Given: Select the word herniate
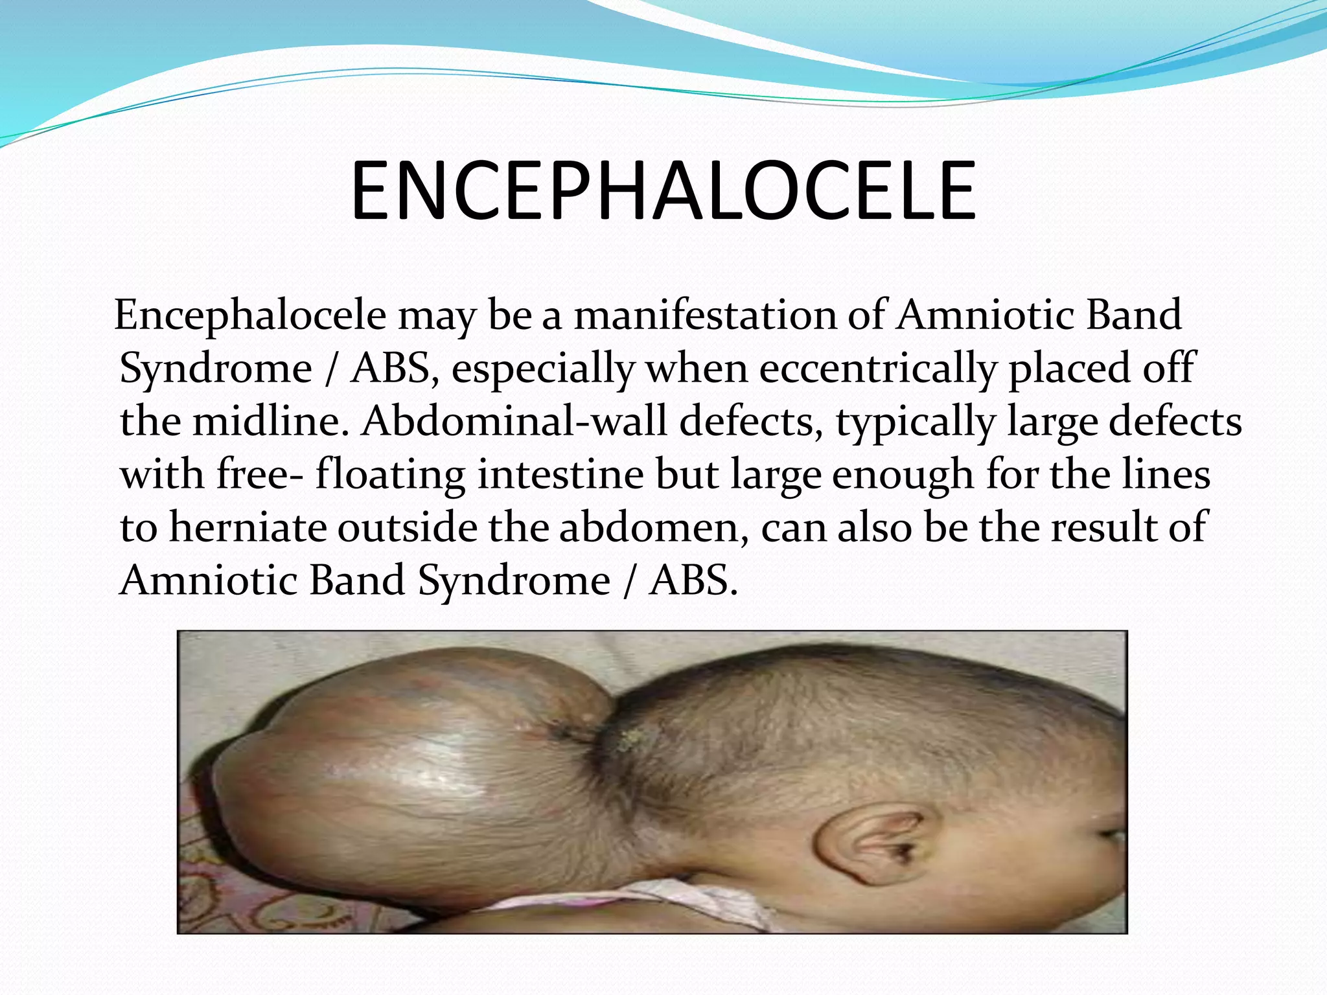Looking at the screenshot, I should pos(253,528).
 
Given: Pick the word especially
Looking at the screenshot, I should pos(543,369).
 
